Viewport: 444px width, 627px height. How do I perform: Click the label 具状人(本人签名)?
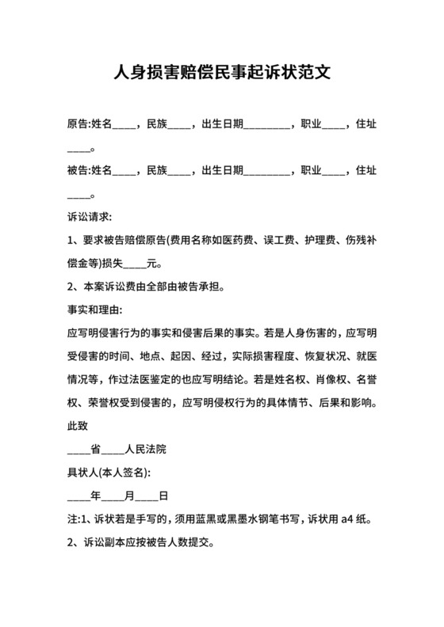click(109, 472)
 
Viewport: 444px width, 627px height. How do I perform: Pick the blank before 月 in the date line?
click(113, 497)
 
